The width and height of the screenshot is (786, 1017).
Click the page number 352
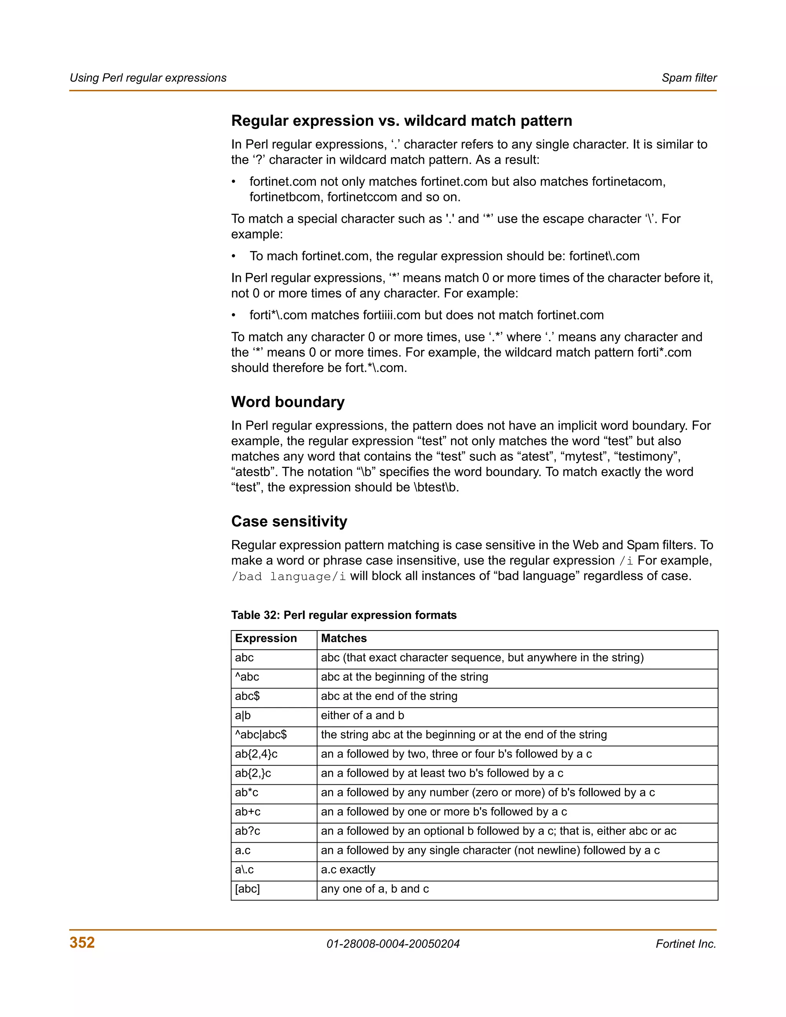point(82,942)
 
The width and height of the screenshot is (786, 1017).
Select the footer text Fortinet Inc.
point(685,943)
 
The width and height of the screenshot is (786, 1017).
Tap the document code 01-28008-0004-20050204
point(393,943)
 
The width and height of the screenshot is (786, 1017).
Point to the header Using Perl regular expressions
point(148,78)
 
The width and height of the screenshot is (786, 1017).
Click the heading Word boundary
point(288,401)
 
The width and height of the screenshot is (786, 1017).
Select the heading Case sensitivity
point(289,521)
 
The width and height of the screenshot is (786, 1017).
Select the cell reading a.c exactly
point(348,869)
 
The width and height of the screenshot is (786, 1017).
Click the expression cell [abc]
point(247,888)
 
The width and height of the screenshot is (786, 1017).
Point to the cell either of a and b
point(362,715)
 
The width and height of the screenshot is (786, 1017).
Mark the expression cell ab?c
point(247,831)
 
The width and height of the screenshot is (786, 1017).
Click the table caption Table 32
point(343,615)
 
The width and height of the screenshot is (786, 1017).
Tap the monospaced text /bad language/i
point(289,576)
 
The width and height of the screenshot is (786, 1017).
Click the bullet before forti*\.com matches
point(234,315)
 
